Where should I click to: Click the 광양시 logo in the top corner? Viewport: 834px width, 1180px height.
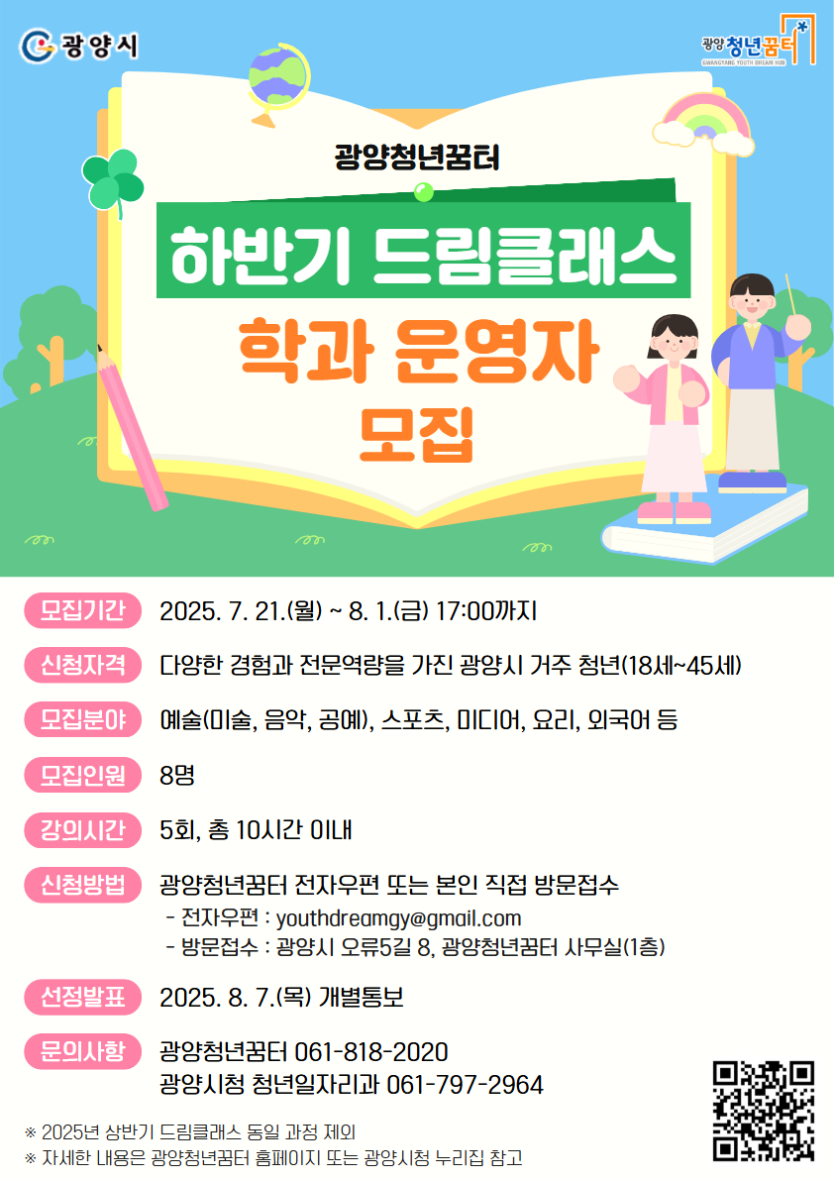point(78,46)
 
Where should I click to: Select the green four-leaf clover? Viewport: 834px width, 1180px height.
point(113,182)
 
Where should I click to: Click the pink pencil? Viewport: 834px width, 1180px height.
point(132,427)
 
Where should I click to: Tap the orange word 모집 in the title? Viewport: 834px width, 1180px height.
point(417,434)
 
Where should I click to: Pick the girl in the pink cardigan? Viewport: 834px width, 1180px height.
point(666,418)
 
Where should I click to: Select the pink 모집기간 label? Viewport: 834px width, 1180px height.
point(83,610)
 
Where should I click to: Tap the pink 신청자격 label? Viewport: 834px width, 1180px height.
point(83,665)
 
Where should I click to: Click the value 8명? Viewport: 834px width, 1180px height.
point(177,775)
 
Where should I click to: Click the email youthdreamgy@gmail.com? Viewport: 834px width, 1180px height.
point(398,918)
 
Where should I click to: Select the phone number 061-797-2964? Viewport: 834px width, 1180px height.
point(465,1085)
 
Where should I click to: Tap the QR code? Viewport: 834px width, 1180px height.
point(764,1111)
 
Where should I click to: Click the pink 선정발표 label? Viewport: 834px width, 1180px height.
point(83,997)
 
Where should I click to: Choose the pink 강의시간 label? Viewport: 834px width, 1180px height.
point(83,830)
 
